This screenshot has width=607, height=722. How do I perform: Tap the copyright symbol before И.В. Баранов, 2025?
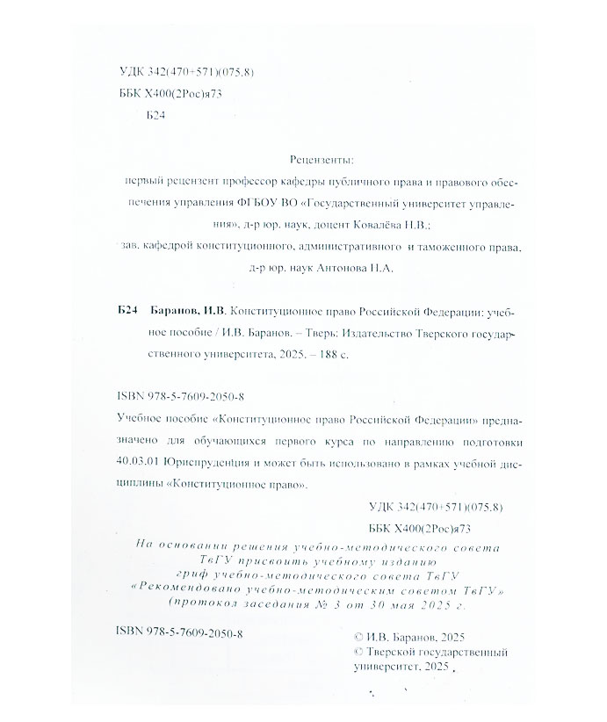pos(355,639)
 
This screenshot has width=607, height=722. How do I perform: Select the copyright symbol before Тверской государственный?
pos(355,653)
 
